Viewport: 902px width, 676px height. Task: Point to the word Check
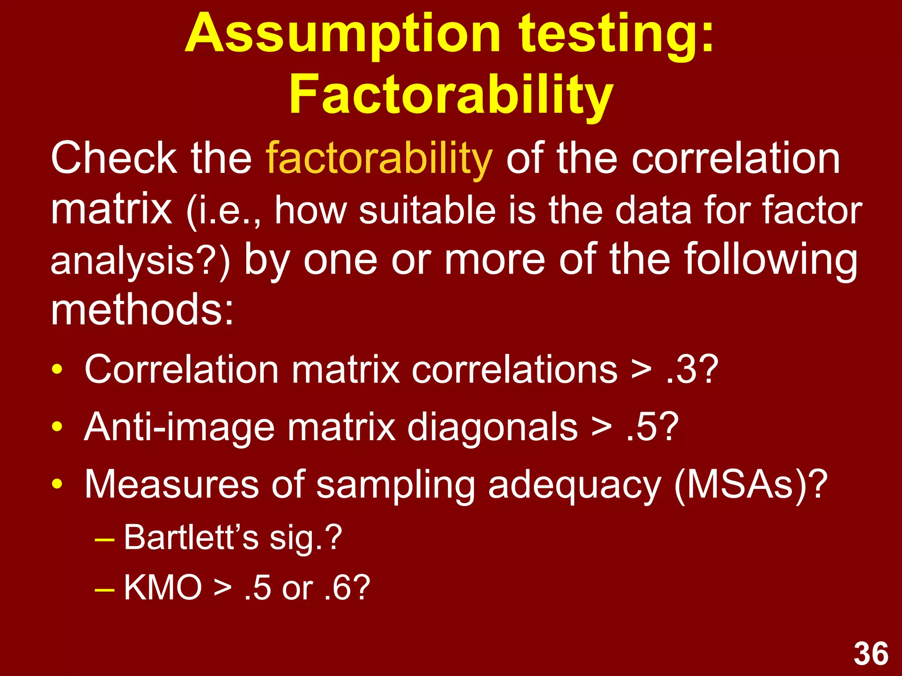(x=114, y=158)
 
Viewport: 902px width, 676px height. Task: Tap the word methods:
(x=142, y=310)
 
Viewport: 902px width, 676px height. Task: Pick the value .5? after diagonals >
(x=652, y=427)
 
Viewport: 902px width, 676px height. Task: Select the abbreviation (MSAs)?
(x=750, y=484)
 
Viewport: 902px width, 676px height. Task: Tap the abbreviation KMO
(x=163, y=588)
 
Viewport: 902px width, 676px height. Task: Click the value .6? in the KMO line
(x=347, y=588)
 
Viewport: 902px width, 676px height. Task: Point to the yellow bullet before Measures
(x=57, y=484)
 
